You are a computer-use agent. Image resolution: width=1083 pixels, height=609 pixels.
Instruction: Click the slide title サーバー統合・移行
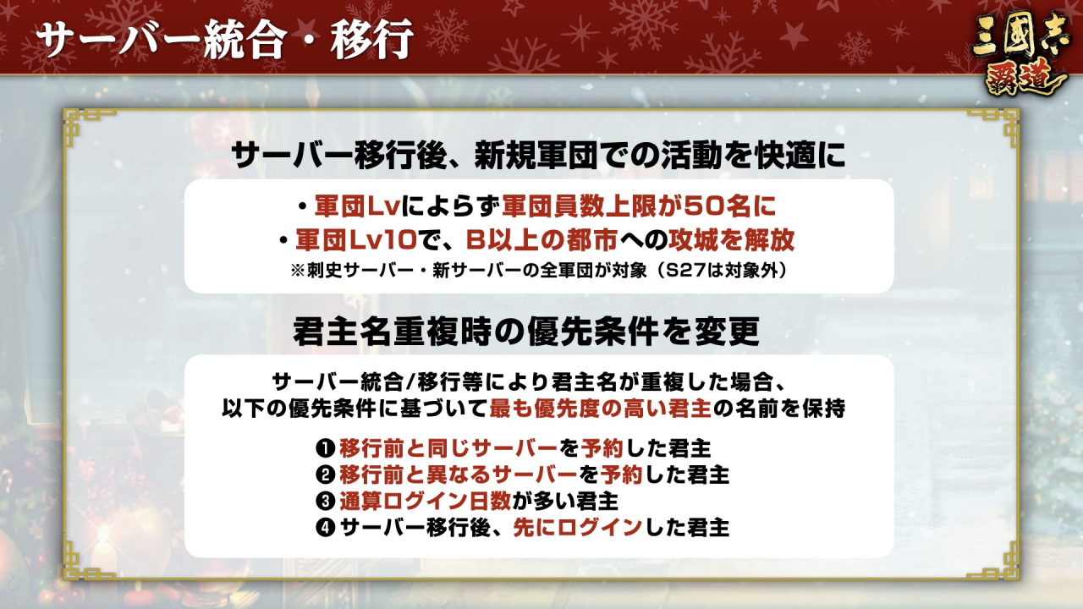224,39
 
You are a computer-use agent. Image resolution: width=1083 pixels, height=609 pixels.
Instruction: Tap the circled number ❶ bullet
326,448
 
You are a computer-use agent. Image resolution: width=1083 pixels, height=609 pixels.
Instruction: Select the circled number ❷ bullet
326,475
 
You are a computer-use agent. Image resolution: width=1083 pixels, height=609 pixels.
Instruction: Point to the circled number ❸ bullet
326,502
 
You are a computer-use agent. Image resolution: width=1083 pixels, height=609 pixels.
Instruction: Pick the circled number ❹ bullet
326,527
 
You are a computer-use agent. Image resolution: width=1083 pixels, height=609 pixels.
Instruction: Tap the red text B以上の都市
541,239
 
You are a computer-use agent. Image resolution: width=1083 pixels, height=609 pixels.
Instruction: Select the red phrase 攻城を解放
731,239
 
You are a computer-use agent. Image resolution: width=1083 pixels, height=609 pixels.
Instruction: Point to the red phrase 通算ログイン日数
425,502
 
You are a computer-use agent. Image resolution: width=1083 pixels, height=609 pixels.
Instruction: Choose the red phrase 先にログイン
577,527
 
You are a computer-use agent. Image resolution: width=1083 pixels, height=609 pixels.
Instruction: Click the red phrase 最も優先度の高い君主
600,409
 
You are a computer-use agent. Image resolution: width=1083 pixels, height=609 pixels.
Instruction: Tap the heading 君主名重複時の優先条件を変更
526,332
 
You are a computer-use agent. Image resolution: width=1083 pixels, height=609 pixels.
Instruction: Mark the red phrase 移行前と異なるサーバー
459,475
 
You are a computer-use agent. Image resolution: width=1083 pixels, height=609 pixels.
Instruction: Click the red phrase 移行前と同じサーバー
448,448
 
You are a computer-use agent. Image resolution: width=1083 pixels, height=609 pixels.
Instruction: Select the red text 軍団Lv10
356,239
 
